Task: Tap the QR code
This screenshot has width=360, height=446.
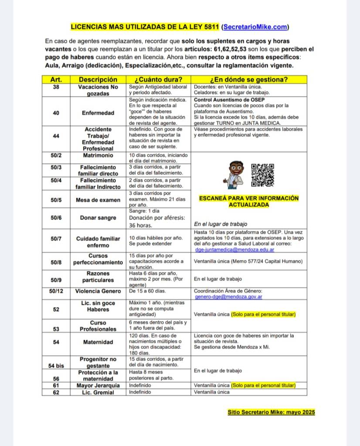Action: (263, 175)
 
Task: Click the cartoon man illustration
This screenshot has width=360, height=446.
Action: (232, 174)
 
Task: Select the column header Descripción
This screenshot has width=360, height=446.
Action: (98, 80)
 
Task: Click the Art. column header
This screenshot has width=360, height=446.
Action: (56, 80)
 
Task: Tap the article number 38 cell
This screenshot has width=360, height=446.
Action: (56, 87)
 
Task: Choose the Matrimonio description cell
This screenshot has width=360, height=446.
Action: (98, 155)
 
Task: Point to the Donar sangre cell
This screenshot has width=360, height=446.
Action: (98, 218)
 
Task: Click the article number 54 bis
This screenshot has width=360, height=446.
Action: (56, 366)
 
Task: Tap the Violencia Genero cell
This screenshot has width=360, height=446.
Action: (98, 291)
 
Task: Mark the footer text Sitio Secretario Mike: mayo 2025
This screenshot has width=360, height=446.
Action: (271, 412)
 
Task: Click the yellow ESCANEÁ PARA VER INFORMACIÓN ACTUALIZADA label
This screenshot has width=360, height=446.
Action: (249, 201)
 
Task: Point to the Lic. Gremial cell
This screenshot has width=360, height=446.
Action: (98, 392)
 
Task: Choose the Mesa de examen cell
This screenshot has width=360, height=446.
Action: (98, 200)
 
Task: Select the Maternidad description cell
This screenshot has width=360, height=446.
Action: (98, 342)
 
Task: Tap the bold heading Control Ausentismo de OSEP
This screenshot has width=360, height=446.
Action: (227, 100)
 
